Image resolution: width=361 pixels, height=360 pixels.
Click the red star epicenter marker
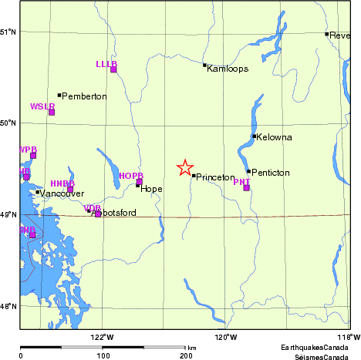coord(184,168)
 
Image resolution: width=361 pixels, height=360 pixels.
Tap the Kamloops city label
coord(228,69)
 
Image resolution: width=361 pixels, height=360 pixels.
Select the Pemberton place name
coord(85,96)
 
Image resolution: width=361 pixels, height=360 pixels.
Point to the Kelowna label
coord(275,137)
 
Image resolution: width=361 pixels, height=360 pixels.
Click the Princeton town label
coord(215,177)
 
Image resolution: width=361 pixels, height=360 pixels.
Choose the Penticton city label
coord(271,173)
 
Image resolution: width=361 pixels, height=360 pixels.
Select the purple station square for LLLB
coord(113,69)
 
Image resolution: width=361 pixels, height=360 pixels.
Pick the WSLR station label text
coord(42,106)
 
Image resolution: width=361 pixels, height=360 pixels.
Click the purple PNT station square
coord(246,187)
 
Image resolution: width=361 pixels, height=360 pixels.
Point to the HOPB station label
coord(131,176)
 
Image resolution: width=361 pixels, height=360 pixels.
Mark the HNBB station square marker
coord(70,189)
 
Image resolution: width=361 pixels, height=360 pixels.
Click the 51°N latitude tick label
coord(9,32)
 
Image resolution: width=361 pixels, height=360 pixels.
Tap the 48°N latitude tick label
coord(9,306)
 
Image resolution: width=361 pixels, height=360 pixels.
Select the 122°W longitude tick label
coord(102,337)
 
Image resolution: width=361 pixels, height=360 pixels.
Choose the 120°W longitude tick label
coord(224,337)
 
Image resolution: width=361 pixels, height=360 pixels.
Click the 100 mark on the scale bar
coord(103,356)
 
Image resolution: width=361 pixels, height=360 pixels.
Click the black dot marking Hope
coord(138,185)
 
